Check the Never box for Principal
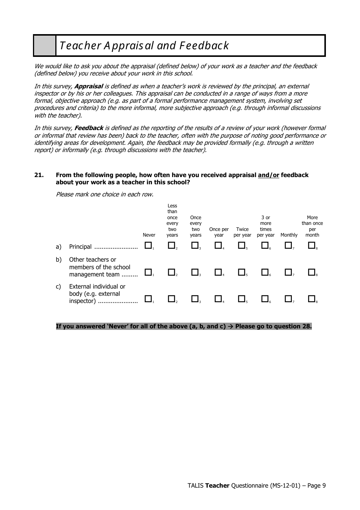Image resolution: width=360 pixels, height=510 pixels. pyautogui.click(x=148, y=246)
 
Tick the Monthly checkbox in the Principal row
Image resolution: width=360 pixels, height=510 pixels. pyautogui.click(x=288, y=246)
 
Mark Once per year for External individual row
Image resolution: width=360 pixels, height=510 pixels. pyautogui.click(x=218, y=299)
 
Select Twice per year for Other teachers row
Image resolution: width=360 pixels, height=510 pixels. pyautogui.click(x=241, y=272)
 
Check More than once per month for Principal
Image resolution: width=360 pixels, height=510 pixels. pyautogui.click(x=311, y=246)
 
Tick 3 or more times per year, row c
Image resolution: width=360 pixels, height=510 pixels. pyautogui.click(x=265, y=299)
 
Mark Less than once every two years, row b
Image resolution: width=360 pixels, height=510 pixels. pyautogui.click(x=171, y=272)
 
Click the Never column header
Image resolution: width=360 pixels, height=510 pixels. pyautogui.click(x=149, y=235)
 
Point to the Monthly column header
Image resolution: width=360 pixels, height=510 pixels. pyautogui.click(x=289, y=235)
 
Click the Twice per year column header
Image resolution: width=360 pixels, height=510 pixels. pyautogui.click(x=242, y=232)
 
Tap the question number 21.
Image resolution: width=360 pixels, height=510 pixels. pyautogui.click(x=39, y=175)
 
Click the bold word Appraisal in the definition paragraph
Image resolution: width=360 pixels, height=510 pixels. pyautogui.click(x=89, y=86)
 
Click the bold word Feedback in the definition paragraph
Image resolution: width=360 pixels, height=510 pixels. pyautogui.click(x=89, y=128)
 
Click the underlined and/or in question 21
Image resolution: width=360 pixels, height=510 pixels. pyautogui.click(x=268, y=175)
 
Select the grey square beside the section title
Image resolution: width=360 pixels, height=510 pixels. pyautogui.click(x=45, y=46)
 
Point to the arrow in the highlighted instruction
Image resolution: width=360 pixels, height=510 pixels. pyautogui.click(x=230, y=326)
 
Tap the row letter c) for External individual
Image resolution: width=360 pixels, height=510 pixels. pyautogui.click(x=58, y=287)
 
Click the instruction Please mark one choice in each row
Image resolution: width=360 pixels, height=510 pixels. pyautogui.click(x=105, y=195)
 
